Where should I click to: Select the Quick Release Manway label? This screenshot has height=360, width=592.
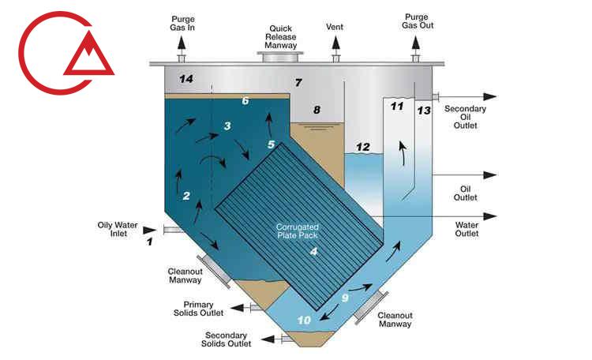click(x=280, y=36)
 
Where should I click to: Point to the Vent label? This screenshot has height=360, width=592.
click(x=335, y=27)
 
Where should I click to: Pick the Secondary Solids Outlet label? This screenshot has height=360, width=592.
click(x=229, y=339)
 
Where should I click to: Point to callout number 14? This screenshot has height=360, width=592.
click(x=185, y=79)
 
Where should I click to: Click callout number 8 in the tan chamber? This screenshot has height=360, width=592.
click(x=317, y=111)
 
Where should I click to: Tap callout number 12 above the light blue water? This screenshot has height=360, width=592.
click(x=363, y=147)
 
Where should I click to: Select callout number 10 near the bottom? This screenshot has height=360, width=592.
click(x=305, y=319)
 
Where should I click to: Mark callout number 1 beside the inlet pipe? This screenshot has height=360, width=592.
click(x=149, y=242)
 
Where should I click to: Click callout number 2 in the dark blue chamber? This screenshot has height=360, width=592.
click(x=186, y=196)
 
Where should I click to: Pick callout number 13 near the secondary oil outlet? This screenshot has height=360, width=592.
click(x=424, y=111)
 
